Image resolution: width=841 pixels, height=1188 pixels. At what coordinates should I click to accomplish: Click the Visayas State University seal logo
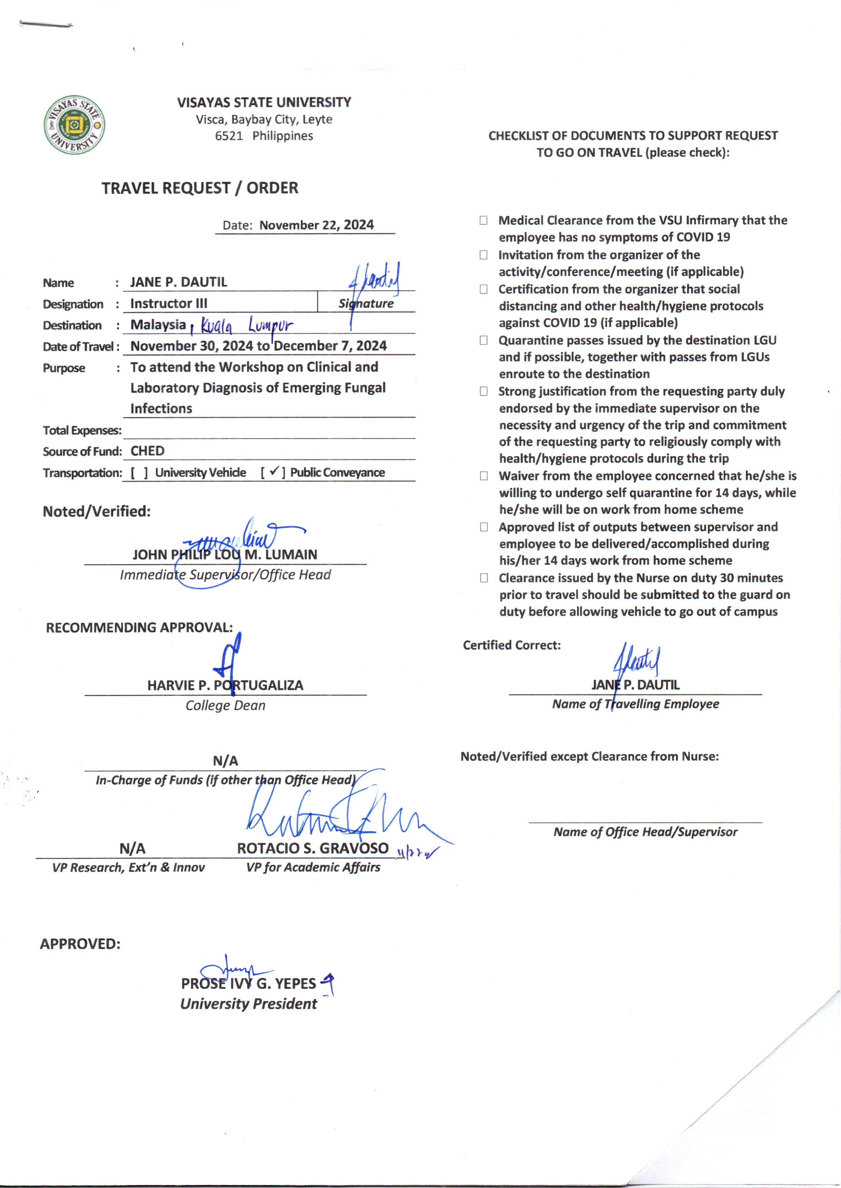tap(74, 125)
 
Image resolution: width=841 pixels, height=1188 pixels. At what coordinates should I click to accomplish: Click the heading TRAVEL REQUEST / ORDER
tap(200, 188)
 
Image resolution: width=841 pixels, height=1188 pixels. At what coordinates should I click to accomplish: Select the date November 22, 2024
tap(316, 225)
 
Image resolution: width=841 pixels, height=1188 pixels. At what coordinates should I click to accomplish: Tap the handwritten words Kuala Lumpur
tap(246, 326)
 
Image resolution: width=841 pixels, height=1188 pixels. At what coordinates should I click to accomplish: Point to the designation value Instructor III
tap(168, 303)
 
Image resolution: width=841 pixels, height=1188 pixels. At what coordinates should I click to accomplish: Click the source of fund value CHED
tap(147, 451)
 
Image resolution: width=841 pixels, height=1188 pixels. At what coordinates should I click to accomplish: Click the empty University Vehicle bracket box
tap(139, 473)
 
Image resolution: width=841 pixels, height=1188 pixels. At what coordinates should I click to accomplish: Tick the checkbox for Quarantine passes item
tap(483, 341)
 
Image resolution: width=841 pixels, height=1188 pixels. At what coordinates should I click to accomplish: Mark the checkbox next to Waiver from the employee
tap(483, 476)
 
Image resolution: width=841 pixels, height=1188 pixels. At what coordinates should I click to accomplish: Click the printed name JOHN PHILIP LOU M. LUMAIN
tap(225, 555)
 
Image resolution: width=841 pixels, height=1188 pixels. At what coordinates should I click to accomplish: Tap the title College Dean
tap(225, 705)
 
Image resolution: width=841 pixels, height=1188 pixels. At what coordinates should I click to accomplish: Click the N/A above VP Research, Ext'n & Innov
tap(132, 848)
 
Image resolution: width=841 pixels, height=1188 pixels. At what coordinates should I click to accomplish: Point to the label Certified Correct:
tap(512, 645)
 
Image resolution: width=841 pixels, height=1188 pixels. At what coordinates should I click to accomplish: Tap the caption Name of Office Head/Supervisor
tap(645, 832)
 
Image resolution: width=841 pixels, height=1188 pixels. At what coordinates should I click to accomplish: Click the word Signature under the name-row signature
tap(366, 304)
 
